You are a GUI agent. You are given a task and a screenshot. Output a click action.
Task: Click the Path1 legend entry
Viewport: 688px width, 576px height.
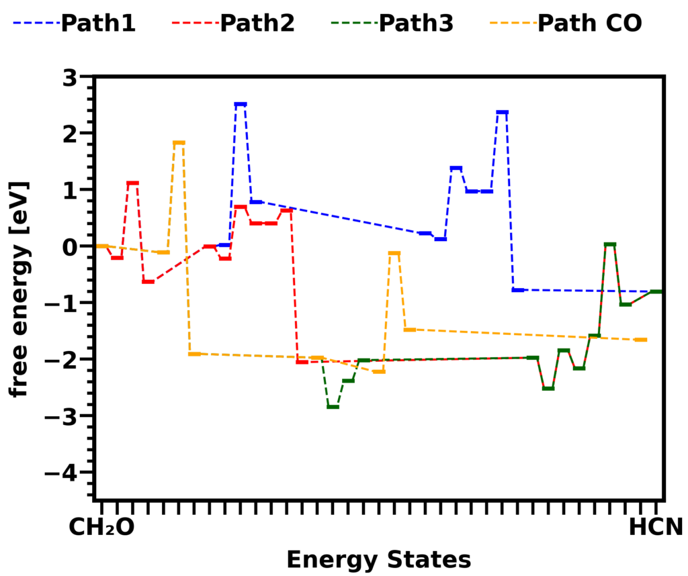pos(97,23)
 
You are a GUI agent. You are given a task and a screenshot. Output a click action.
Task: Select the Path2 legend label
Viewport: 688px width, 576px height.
pos(257,23)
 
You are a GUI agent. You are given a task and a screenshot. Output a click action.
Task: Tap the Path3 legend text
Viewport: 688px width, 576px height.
pos(415,23)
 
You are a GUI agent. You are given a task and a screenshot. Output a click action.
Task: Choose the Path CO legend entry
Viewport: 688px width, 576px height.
pos(589,23)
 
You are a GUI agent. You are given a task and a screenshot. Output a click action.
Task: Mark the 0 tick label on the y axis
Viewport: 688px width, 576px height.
pos(71,246)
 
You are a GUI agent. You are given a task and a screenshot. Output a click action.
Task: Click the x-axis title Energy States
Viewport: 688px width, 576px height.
pos(378,559)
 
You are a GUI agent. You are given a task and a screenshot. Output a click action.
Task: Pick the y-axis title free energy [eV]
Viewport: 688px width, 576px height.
pos(19,288)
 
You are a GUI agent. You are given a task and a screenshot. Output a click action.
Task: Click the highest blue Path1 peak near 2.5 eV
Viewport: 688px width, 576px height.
pos(241,104)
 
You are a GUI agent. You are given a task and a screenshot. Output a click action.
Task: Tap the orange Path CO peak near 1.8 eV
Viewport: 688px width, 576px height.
pos(179,142)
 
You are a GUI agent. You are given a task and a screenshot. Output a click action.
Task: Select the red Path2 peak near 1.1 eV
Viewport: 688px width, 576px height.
pos(132,183)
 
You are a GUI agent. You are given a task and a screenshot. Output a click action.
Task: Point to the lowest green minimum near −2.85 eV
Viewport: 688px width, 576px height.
pos(333,407)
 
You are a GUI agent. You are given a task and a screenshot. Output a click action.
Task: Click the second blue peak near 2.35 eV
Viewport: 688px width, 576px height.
pos(502,112)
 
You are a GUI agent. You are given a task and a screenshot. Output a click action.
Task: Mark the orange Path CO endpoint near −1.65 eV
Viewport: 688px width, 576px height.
pos(641,340)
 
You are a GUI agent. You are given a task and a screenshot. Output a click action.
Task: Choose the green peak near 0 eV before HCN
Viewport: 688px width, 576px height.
pos(610,244)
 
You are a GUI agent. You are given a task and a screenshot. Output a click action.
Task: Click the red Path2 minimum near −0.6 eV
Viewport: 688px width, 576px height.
pos(148,281)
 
